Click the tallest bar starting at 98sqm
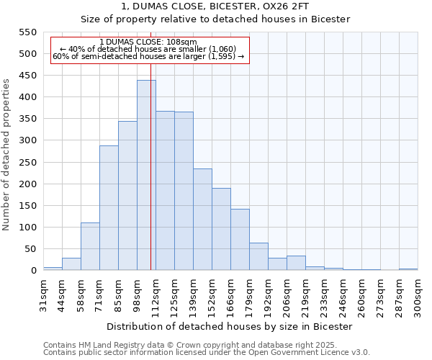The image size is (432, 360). (146, 176)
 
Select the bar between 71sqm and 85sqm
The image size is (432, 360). (109, 208)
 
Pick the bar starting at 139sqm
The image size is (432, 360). (202, 220)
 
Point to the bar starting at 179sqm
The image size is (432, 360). (258, 257)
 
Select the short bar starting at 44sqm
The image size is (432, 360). (71, 264)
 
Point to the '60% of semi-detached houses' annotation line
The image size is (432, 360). (148, 56)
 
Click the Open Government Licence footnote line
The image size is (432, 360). (207, 353)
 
